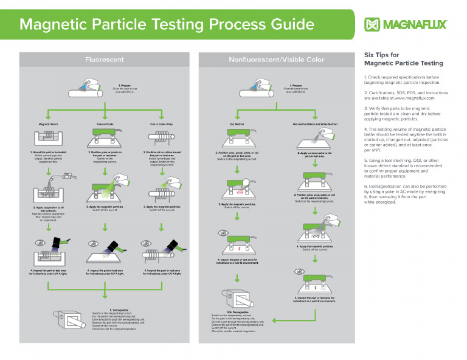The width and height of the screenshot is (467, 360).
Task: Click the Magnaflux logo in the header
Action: (406, 24)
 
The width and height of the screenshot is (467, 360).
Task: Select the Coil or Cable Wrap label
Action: (161, 124)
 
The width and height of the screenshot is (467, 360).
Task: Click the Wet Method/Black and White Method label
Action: (315, 124)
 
